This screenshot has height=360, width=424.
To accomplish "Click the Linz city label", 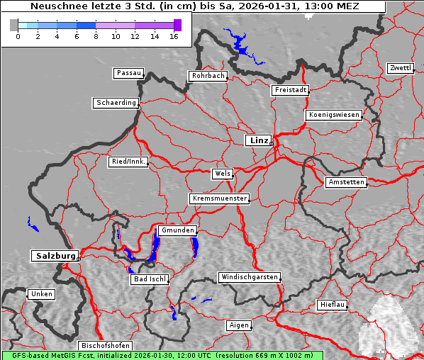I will [258, 140].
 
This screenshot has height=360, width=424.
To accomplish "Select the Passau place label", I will [128, 73].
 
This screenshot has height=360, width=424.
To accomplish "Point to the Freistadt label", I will [290, 90].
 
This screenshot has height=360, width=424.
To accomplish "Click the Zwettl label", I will [400, 68].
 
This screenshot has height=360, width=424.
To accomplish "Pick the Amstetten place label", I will [346, 182].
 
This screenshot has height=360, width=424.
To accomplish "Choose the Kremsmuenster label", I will [219, 198].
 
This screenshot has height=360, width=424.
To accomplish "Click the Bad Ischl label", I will [150, 279].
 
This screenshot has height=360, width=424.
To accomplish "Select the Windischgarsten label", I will [248, 277].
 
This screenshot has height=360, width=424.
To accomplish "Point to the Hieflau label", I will [333, 305].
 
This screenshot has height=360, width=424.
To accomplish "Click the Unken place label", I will [41, 294].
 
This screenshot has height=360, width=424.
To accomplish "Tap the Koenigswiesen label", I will [334, 115].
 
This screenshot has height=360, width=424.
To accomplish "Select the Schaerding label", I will [116, 103].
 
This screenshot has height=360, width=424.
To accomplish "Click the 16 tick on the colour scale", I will [174, 36].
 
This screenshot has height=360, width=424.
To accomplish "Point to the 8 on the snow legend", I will [96, 36].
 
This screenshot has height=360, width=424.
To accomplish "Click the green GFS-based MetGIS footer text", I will [162, 355].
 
